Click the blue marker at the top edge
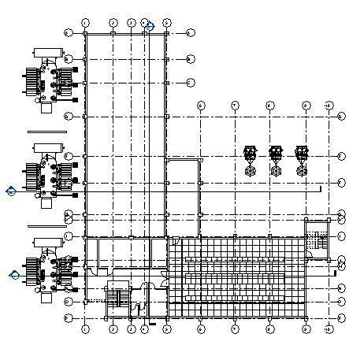click(x=149, y=26)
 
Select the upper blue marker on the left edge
click(x=11, y=190)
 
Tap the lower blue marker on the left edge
click(x=13, y=274)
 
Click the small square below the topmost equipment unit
click(x=46, y=108)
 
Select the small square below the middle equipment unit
click(x=46, y=202)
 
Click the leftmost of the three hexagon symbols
click(x=251, y=170)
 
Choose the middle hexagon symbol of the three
click(x=276, y=170)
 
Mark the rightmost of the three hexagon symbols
click(x=301, y=170)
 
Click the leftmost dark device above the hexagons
click(x=251, y=153)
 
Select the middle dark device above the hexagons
click(x=276, y=153)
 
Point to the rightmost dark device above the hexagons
click(x=301, y=153)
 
